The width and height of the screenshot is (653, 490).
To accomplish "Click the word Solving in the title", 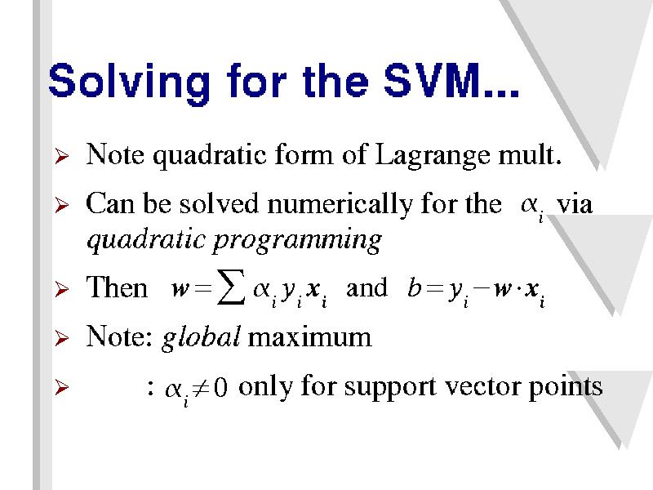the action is click(129, 82).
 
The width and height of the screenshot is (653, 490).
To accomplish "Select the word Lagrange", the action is click(433, 156).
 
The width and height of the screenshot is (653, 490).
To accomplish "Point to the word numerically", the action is click(340, 206).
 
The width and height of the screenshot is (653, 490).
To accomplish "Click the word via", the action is click(575, 205).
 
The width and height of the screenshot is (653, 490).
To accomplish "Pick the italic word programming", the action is click(297, 241).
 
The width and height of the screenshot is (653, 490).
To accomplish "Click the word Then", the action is click(117, 287).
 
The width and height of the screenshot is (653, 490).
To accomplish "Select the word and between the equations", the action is click(366, 287).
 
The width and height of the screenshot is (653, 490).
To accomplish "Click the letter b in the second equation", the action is click(414, 287).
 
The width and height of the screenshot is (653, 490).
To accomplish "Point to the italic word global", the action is click(200, 337).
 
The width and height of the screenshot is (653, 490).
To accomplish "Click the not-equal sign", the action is click(202, 389).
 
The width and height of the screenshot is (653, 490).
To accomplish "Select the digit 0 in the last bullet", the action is click(221, 387).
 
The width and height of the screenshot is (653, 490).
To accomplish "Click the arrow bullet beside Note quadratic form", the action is click(61, 156).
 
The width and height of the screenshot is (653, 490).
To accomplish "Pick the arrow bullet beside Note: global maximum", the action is click(61, 338).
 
